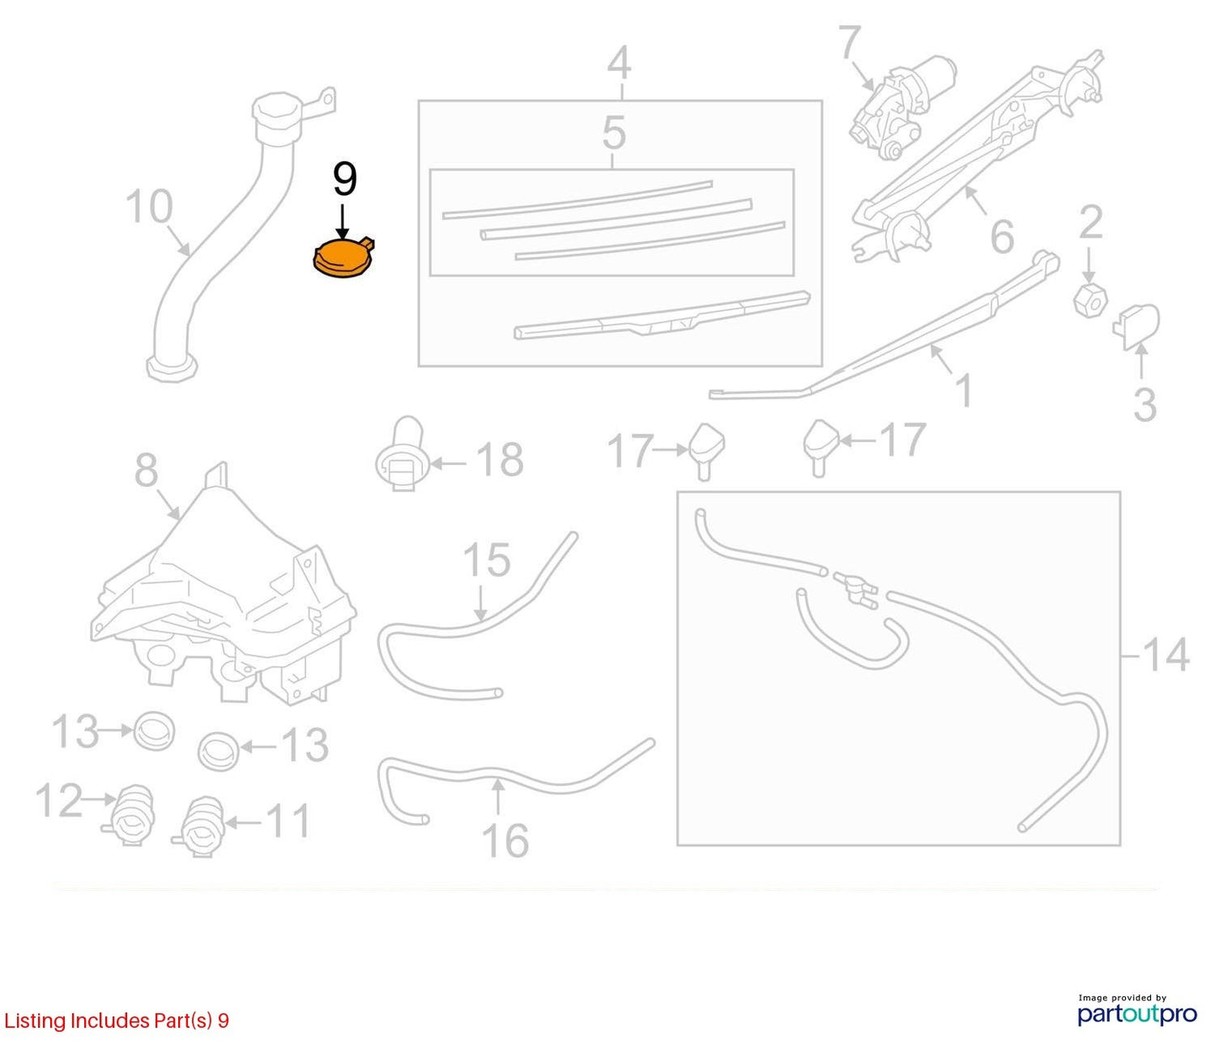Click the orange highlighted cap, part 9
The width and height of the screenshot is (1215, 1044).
click(x=343, y=257)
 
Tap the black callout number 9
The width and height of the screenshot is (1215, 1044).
click(x=345, y=179)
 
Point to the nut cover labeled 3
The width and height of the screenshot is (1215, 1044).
click(x=1136, y=326)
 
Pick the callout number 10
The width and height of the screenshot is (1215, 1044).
click(x=150, y=206)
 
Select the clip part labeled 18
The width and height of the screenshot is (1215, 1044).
click(x=401, y=454)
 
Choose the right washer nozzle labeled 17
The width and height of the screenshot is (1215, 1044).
click(x=820, y=446)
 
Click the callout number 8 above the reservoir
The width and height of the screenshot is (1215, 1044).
click(x=145, y=470)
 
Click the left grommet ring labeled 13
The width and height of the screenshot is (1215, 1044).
click(x=154, y=730)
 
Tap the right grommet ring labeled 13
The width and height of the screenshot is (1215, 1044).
click(x=219, y=751)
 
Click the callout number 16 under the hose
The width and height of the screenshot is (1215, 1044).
click(x=505, y=841)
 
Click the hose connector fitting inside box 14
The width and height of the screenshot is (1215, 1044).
click(x=855, y=590)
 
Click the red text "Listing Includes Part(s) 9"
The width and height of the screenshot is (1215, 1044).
click(x=116, y=1020)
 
